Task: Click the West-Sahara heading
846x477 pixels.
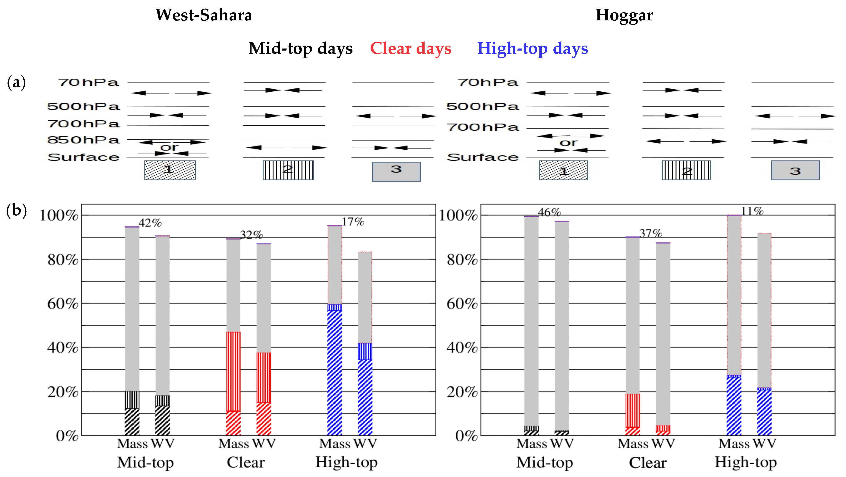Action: (x=204, y=15)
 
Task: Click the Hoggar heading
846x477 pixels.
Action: (x=624, y=15)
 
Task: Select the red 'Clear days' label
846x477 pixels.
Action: (x=411, y=49)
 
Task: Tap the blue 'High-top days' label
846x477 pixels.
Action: (x=532, y=49)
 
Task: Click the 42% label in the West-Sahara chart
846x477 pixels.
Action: (x=150, y=223)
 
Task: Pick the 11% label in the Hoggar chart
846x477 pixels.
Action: (x=752, y=211)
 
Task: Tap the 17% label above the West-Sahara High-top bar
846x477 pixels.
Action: (x=353, y=222)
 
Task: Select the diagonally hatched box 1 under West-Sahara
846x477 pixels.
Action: (x=170, y=170)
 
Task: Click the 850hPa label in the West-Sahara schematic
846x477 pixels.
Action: (x=83, y=140)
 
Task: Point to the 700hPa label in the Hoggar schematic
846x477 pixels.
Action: (x=483, y=127)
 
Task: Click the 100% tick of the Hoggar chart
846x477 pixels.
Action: (x=458, y=216)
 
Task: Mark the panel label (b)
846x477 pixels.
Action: (x=16, y=210)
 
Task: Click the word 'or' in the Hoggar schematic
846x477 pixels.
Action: (x=568, y=143)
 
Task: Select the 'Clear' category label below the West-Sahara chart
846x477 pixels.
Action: (x=246, y=462)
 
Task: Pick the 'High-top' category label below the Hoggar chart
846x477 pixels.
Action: (x=746, y=462)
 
